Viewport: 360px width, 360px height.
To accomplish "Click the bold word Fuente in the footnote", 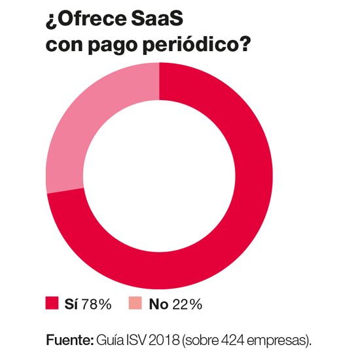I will [x=69, y=341].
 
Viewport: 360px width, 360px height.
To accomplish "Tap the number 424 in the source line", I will [x=232, y=341].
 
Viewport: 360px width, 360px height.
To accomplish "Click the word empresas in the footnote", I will [x=279, y=341].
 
